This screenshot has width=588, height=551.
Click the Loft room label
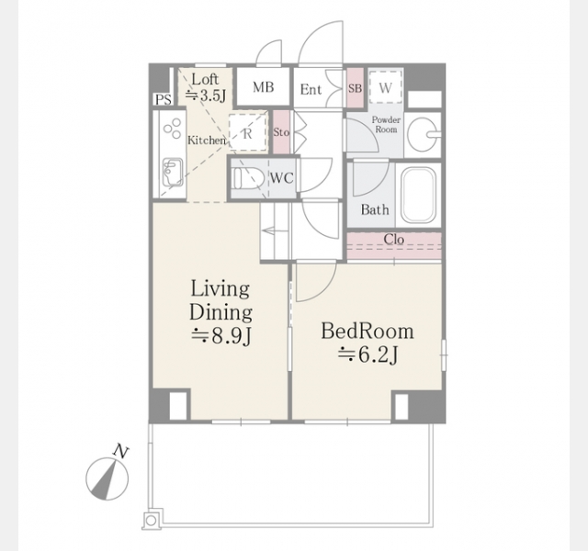pyautogui.click(x=205, y=80)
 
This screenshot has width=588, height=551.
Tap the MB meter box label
pyautogui.click(x=264, y=87)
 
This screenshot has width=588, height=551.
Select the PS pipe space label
pyautogui.click(x=164, y=100)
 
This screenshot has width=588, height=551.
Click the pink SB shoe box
pyautogui.click(x=355, y=88)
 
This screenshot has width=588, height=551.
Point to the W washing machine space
pyautogui.click(x=385, y=87)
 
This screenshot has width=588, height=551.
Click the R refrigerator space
pyautogui.click(x=247, y=132)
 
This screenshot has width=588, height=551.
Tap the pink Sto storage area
pyautogui.click(x=281, y=131)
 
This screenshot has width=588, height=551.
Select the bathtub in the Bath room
pyautogui.click(x=419, y=194)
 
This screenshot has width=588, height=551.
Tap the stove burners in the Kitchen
pyautogui.click(x=173, y=128)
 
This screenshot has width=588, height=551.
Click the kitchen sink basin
pyautogui.click(x=173, y=172)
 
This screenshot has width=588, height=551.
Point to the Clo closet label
pyautogui.click(x=394, y=239)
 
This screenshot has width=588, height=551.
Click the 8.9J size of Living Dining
pyautogui.click(x=220, y=335)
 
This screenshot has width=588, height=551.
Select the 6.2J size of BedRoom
pyautogui.click(x=367, y=354)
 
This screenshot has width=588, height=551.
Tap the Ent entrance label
pyautogui.click(x=311, y=90)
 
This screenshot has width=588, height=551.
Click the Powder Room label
pyautogui.click(x=386, y=125)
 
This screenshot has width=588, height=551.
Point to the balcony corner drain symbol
pyautogui.click(x=151, y=521)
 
